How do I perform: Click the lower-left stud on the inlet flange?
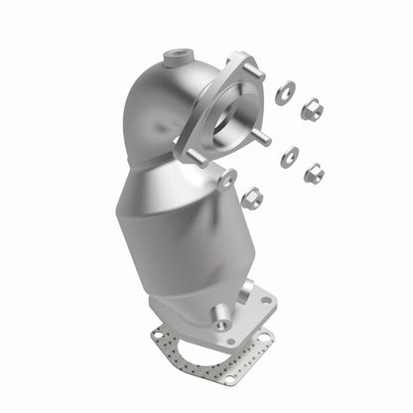[196, 157]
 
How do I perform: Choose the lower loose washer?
[290, 156]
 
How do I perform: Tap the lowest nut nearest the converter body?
[252, 198]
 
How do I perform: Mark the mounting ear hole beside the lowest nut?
[227, 179]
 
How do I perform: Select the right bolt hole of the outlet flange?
[265, 297]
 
